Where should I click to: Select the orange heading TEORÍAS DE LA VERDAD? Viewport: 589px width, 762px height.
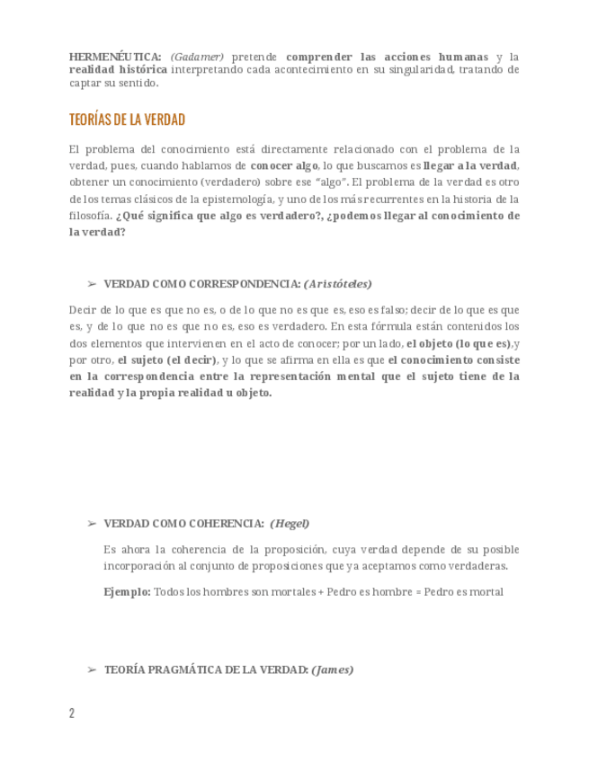(x=127, y=120)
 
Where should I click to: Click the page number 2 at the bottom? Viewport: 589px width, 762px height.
(x=72, y=713)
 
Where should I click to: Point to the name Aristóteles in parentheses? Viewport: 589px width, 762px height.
(x=339, y=283)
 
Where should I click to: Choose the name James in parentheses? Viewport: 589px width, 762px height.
(x=333, y=669)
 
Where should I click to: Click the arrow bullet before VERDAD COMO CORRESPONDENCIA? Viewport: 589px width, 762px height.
(x=91, y=283)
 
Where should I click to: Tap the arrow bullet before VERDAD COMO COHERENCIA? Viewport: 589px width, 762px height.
(x=91, y=523)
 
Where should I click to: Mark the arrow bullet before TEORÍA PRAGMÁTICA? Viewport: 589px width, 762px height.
(x=91, y=669)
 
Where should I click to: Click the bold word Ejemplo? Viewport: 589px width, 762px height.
(x=127, y=592)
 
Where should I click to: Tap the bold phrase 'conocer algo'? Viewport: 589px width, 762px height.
(x=284, y=166)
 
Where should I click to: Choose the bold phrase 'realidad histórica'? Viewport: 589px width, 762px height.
(x=118, y=69)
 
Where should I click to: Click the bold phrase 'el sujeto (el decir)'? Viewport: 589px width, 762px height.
(x=167, y=359)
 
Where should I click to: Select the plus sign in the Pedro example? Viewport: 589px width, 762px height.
(x=320, y=592)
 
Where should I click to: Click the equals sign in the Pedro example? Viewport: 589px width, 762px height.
(x=418, y=592)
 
